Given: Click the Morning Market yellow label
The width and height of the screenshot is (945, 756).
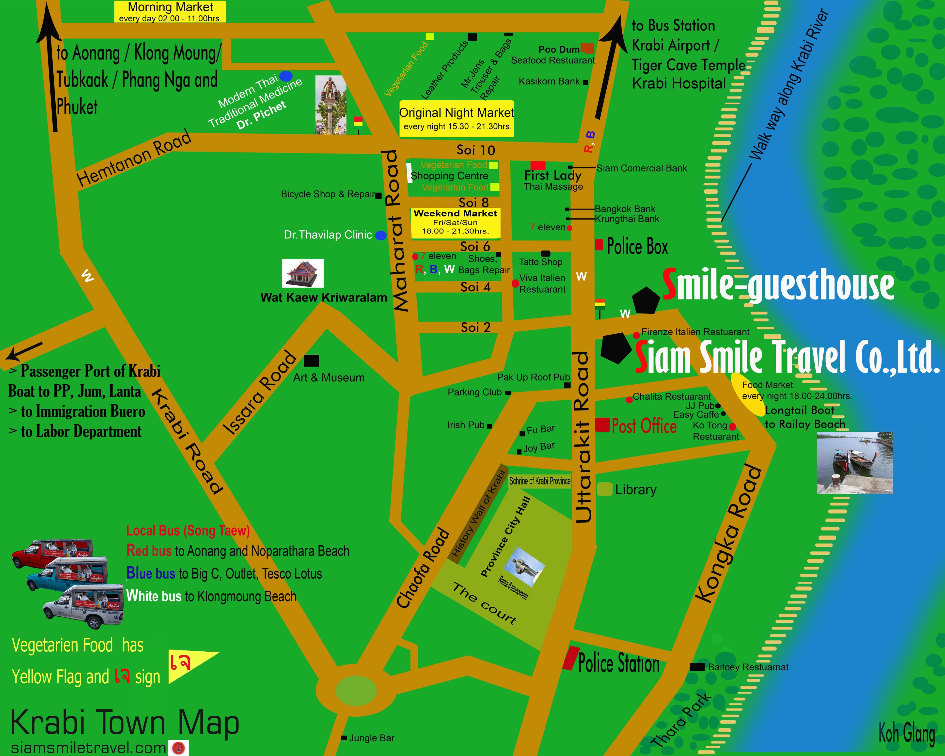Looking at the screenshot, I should [x=170, y=11].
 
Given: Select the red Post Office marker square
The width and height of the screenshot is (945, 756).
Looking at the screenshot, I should [x=603, y=425].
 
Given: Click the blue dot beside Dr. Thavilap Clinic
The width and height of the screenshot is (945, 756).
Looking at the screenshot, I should [x=381, y=235].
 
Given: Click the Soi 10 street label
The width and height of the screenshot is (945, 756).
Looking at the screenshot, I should [x=475, y=150].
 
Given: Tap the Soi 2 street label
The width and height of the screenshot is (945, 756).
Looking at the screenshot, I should [x=475, y=327].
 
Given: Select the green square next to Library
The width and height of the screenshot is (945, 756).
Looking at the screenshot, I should [x=604, y=489].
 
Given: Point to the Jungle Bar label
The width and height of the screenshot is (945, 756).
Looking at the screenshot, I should [x=371, y=738].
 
